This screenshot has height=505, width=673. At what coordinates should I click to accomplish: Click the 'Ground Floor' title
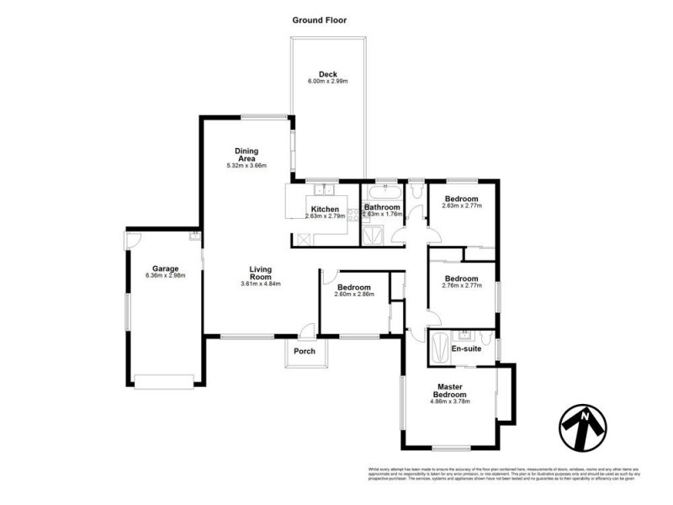[320, 19]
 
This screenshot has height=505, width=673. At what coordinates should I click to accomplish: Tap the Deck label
[327, 73]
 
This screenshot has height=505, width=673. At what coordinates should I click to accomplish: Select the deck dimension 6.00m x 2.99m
[327, 82]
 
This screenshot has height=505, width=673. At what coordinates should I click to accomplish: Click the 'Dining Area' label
[246, 154]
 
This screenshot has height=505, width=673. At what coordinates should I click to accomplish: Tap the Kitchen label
[325, 209]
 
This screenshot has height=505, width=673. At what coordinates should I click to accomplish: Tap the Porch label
[305, 351]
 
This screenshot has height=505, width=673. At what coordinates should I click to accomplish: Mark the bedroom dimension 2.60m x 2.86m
[352, 295]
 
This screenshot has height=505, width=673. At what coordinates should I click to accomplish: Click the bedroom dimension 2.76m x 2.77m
[461, 287]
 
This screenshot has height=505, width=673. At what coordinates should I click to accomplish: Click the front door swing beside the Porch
[308, 331]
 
